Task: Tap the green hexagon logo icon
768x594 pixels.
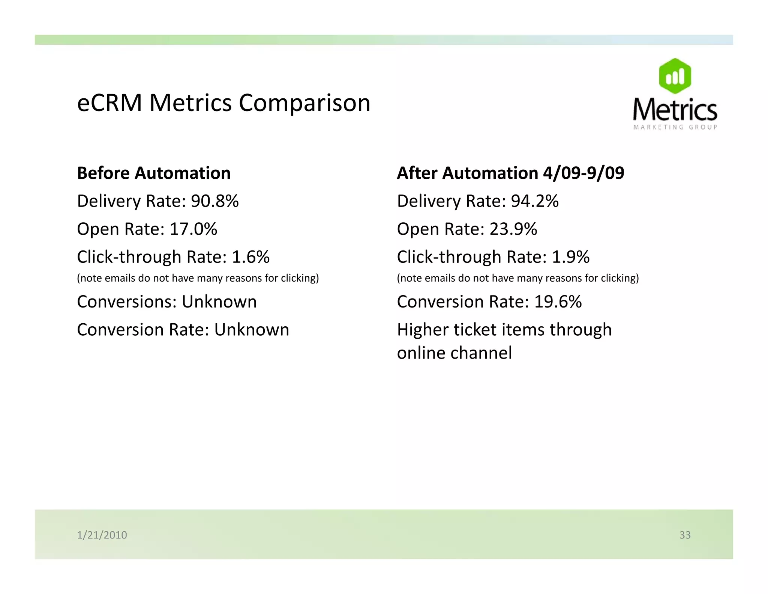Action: click(x=675, y=76)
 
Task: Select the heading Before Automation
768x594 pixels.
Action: click(x=154, y=173)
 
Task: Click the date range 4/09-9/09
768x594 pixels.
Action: click(x=583, y=173)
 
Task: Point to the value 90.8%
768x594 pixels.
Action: click(x=214, y=201)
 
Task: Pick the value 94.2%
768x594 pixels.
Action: click(x=535, y=201)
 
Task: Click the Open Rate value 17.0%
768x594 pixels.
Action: click(x=193, y=229)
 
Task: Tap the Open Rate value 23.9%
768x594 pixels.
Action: click(x=513, y=229)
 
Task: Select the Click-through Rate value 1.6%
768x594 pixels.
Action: click(x=250, y=257)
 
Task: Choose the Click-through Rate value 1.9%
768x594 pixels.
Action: click(x=570, y=257)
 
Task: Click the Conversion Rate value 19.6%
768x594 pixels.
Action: click(x=558, y=302)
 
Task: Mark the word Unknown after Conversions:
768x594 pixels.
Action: click(x=219, y=302)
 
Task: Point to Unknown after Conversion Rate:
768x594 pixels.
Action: click(x=252, y=330)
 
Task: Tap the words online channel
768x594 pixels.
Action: click(x=454, y=353)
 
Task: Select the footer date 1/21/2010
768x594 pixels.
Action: click(x=102, y=535)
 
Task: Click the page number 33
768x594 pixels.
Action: click(x=685, y=535)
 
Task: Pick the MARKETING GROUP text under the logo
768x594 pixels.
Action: click(x=675, y=127)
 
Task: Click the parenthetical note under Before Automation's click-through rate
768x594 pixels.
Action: click(x=198, y=278)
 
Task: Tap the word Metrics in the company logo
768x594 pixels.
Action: click(x=675, y=109)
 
